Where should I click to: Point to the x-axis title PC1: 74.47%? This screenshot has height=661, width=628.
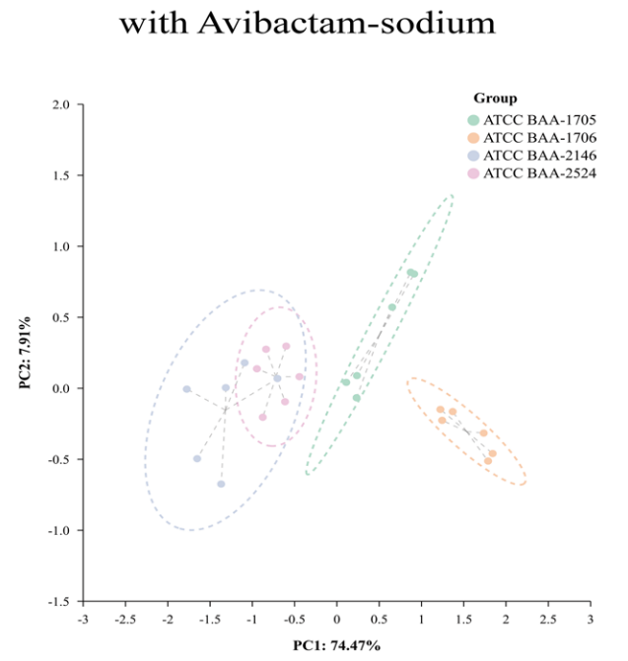337,645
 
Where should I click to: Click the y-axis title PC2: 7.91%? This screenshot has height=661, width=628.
26,353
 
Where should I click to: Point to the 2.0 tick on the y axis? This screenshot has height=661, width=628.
60,104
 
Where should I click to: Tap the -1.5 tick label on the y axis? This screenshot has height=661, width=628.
58,602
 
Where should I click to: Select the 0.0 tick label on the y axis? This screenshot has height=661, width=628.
60,388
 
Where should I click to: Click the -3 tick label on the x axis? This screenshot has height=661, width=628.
83,619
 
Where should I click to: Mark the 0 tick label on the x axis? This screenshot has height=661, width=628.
336,619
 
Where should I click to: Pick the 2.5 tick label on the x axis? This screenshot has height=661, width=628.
547,619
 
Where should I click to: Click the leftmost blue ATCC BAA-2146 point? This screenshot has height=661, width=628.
186,389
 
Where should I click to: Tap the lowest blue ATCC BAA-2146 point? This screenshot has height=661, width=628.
221,484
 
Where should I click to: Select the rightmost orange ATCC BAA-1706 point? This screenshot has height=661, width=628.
493,453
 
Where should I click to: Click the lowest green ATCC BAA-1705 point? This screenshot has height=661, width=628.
357,398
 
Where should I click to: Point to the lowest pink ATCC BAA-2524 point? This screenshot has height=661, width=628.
262,417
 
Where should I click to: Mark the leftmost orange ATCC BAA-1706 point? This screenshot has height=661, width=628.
441,410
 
